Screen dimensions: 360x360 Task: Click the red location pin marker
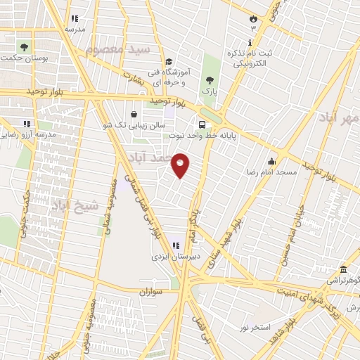click(181, 166)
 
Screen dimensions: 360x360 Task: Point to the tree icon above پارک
click(208, 79)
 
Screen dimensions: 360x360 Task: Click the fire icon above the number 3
click(253, 19)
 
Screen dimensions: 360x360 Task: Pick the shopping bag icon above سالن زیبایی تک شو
click(134, 114)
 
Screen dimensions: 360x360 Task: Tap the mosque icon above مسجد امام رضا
click(271, 160)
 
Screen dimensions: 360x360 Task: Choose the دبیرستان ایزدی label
click(176, 257)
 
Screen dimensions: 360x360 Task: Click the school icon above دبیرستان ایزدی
click(175, 245)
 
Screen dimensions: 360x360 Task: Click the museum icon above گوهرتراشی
click(343, 270)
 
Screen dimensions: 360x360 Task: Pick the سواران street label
click(150, 291)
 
